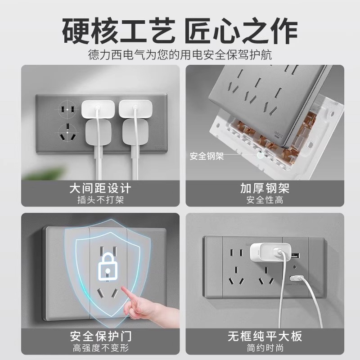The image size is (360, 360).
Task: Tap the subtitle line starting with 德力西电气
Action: click(180, 55)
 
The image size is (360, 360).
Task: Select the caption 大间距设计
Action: click(100, 188)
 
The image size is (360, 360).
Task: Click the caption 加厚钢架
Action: click(265, 188)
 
